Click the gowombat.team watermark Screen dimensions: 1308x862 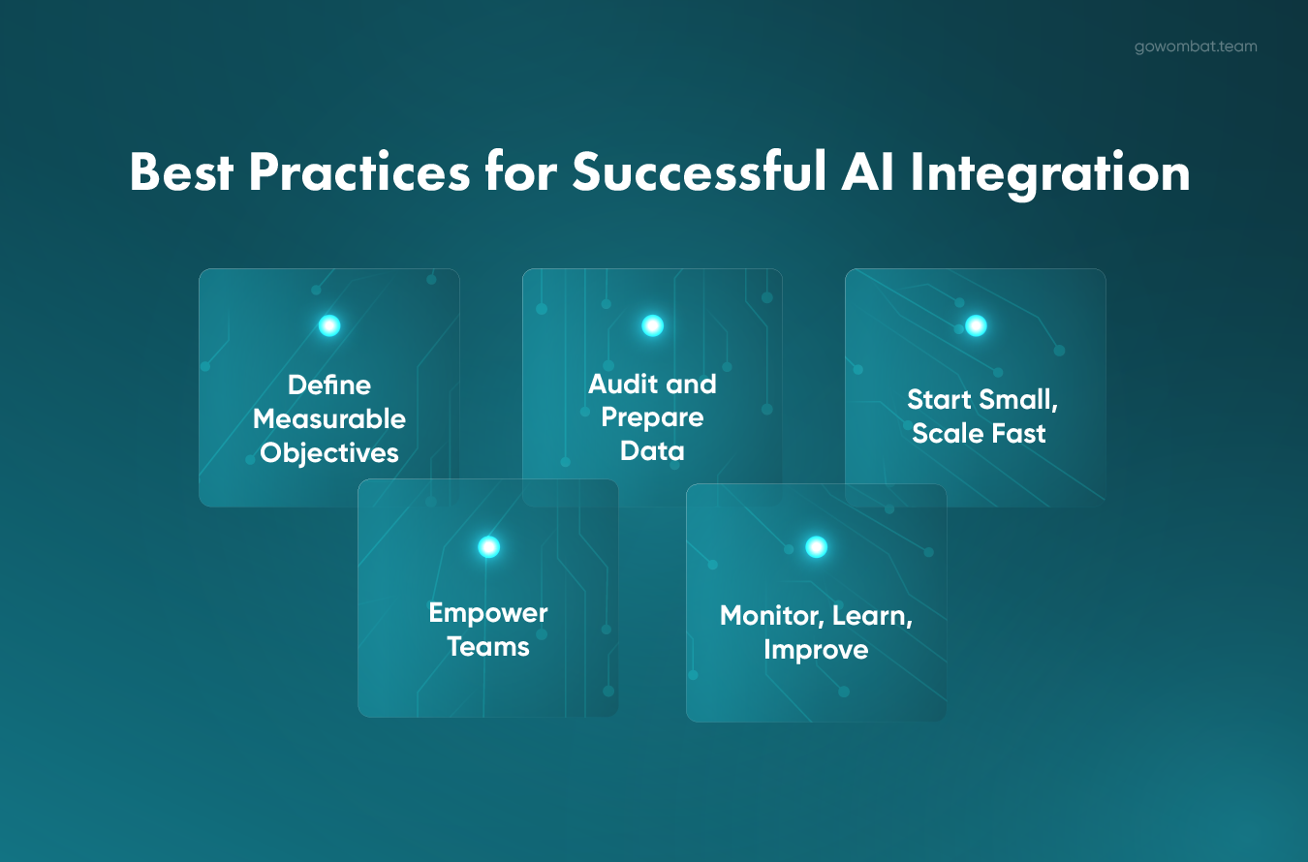tap(1196, 46)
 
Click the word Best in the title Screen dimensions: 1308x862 tap(181, 171)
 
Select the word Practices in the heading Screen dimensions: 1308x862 tap(359, 171)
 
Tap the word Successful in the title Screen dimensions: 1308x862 tap(699, 171)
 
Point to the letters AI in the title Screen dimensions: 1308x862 tap(868, 171)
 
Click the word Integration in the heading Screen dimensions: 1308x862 tap(1050, 175)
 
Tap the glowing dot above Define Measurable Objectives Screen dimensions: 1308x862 tap(329, 325)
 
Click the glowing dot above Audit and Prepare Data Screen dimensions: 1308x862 tap(652, 325)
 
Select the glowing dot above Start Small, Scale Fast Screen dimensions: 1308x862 tap(976, 325)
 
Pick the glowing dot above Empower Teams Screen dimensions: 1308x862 tap(488, 547)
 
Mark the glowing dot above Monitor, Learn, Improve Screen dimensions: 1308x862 tap(817, 547)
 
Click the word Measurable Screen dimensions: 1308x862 tap(329, 419)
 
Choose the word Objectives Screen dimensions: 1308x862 tap(329, 453)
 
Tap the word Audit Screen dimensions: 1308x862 tap(622, 384)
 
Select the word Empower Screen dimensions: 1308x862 tap(488, 614)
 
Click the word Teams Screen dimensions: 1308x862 tap(488, 647)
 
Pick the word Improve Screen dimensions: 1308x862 tap(817, 651)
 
